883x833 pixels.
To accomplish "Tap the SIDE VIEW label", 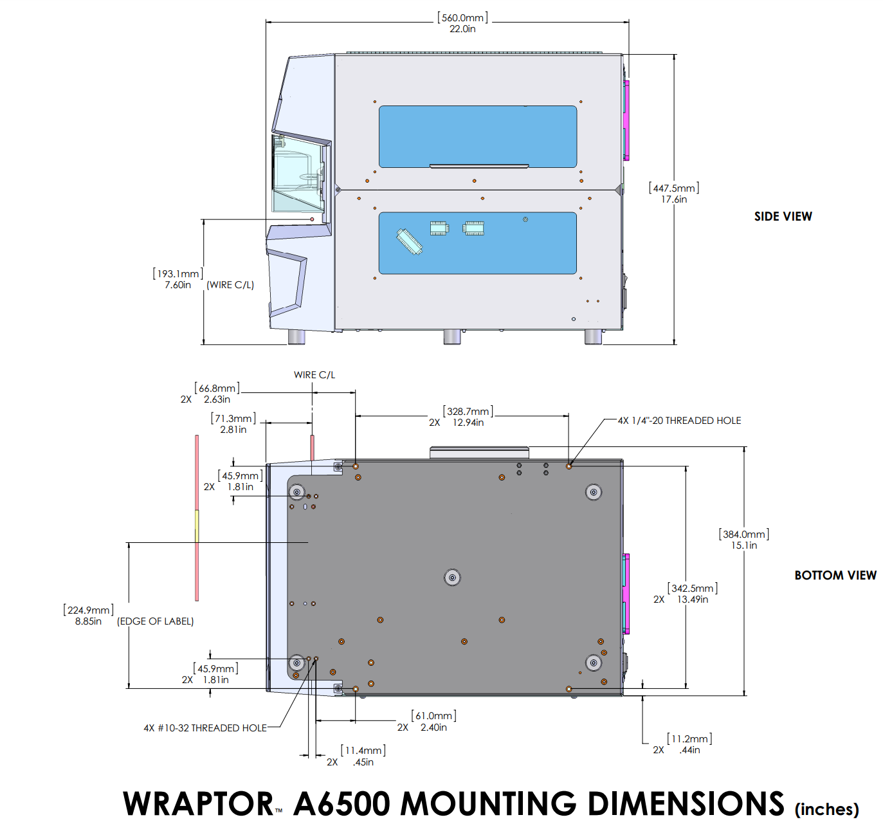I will click(x=783, y=217).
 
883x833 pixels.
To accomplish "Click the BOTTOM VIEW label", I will click(x=835, y=576).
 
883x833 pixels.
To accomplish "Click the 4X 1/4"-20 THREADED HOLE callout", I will click(x=679, y=421).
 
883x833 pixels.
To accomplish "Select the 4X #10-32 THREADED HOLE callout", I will click(x=205, y=728).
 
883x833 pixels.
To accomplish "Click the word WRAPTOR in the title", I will click(x=198, y=804).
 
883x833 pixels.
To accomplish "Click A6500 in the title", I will click(x=341, y=804).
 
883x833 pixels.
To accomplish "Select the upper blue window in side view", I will click(x=477, y=136).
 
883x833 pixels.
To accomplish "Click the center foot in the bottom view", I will click(x=452, y=578).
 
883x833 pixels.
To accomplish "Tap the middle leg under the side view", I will click(x=452, y=337).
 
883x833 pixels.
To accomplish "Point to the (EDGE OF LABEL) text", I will click(x=156, y=621).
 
